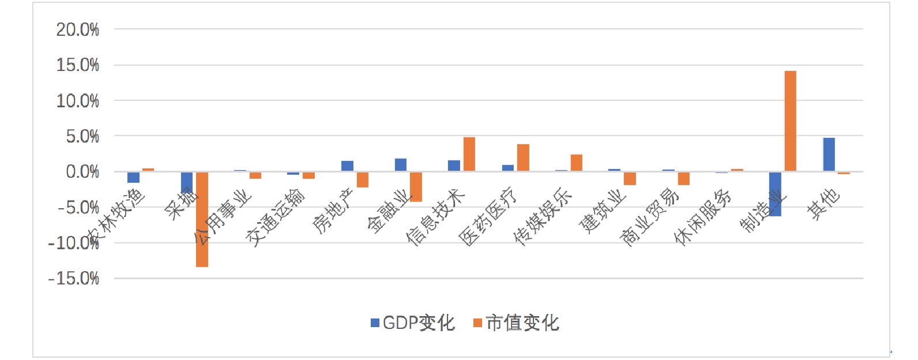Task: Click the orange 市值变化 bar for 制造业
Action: (790, 121)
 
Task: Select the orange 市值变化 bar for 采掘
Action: (202, 219)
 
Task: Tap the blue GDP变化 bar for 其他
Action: (829, 155)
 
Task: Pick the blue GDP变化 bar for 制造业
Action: (775, 194)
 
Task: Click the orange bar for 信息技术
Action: (469, 155)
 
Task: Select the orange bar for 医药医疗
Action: (523, 157)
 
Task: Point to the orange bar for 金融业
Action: (416, 186)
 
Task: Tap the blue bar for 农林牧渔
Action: (133, 177)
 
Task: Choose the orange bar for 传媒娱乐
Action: (577, 163)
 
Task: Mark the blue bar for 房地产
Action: (347, 166)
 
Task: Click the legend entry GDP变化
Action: (413, 323)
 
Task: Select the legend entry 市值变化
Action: (516, 323)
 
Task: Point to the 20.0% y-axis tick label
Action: (78, 29)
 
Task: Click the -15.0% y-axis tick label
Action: (74, 279)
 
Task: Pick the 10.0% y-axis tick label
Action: (78, 101)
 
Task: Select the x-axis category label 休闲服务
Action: (703, 216)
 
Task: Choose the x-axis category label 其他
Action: (824, 205)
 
